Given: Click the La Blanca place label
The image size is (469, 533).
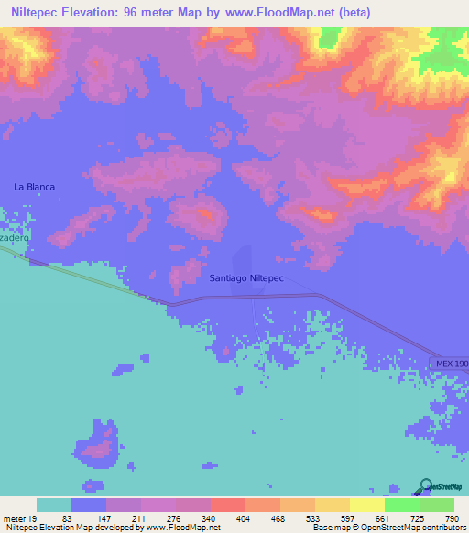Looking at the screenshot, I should click(35, 187).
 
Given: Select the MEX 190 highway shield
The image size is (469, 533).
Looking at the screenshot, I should click(450, 364).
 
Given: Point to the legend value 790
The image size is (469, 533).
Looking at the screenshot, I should click(452, 518).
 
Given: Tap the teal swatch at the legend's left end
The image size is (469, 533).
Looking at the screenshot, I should click(54, 505).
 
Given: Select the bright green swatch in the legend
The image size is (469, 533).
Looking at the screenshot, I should click(401, 505).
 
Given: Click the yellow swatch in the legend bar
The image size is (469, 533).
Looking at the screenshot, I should click(366, 505).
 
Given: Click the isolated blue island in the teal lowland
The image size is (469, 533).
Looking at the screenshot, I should click(99, 441).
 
